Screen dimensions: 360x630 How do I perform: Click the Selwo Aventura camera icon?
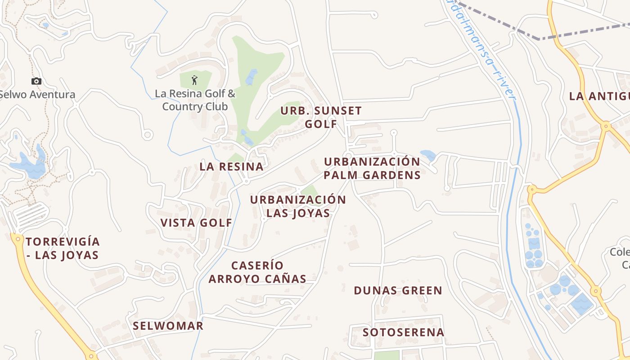click(x=36, y=81)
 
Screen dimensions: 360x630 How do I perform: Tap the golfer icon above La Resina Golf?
click(x=194, y=80)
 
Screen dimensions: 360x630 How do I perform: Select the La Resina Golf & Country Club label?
click(x=195, y=100)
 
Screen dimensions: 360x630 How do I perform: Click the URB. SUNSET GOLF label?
click(x=321, y=117)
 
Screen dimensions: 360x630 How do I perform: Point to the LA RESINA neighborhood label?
click(x=231, y=166)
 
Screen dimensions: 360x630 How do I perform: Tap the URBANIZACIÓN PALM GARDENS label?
click(x=372, y=168)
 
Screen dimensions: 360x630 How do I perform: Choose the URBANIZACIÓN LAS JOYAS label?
click(x=298, y=206)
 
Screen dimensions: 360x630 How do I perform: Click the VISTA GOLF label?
click(x=196, y=223)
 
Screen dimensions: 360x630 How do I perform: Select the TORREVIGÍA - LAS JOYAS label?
click(x=63, y=248)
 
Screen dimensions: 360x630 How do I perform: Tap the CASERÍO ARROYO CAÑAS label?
click(x=257, y=272)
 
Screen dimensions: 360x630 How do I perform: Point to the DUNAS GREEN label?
click(x=398, y=291)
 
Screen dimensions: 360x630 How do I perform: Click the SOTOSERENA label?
click(x=404, y=333)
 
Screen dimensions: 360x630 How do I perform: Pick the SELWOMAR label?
click(x=168, y=326)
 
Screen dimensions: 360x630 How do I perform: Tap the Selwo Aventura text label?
click(x=37, y=94)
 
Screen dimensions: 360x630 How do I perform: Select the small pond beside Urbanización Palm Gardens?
click(x=428, y=155)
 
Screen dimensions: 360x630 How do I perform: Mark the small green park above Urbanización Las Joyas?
click(x=310, y=191)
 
